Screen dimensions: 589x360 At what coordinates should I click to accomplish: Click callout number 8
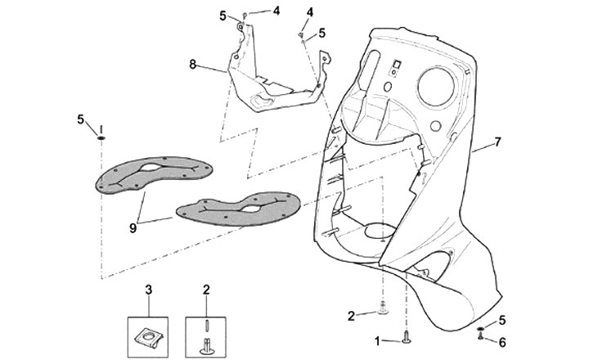193,63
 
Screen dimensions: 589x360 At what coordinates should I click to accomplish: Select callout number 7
497,142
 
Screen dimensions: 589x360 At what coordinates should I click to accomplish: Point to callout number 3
149,289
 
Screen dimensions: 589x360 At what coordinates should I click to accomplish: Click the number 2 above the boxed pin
206,289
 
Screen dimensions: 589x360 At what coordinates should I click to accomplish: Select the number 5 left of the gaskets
81,119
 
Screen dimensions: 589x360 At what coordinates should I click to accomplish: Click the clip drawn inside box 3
149,332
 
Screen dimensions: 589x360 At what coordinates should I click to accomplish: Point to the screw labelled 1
407,335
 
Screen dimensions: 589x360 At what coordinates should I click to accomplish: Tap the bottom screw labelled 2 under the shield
383,308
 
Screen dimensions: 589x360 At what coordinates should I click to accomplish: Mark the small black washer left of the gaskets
100,138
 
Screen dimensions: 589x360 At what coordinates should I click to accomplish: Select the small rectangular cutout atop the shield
394,63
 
